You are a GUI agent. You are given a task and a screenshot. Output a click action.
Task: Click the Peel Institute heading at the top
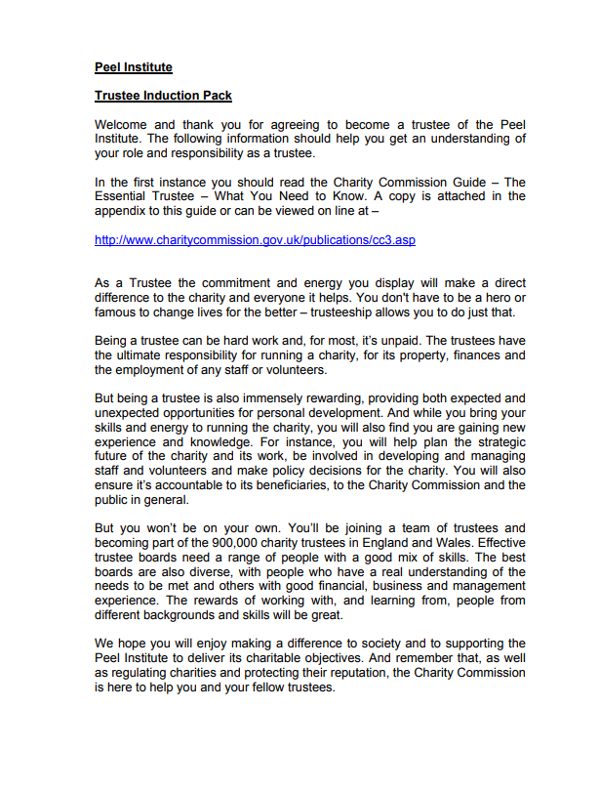134,67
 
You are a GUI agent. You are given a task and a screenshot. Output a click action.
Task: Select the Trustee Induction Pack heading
163,96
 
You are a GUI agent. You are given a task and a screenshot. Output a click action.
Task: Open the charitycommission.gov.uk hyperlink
255,239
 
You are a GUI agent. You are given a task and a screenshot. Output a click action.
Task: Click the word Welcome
124,125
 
